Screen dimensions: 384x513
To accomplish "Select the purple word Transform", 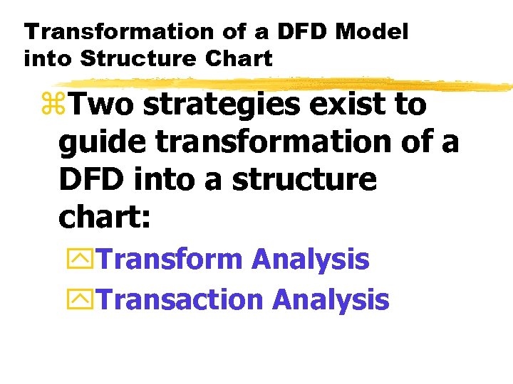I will (170, 259).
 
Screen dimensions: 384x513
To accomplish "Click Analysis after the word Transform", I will (310, 260).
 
